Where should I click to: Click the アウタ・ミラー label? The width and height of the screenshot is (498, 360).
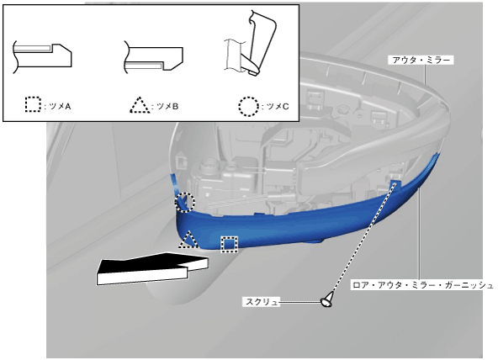click(x=421, y=60)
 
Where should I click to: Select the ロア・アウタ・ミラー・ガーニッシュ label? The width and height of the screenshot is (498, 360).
click(x=422, y=285)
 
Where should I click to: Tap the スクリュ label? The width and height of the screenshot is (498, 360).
click(x=262, y=302)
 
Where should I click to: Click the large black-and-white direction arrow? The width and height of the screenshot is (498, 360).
click(x=152, y=268)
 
